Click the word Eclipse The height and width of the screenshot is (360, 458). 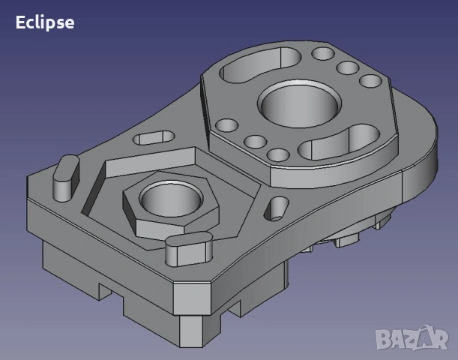(x=45, y=22)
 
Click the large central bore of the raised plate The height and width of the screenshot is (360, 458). (x=299, y=104)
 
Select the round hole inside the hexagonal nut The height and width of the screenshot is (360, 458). (x=171, y=199)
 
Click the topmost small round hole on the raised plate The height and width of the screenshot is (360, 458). (x=323, y=53)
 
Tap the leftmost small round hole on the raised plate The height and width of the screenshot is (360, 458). (x=226, y=125)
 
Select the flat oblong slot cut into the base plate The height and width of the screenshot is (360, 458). (x=154, y=138)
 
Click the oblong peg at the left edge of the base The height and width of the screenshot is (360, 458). (x=66, y=178)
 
